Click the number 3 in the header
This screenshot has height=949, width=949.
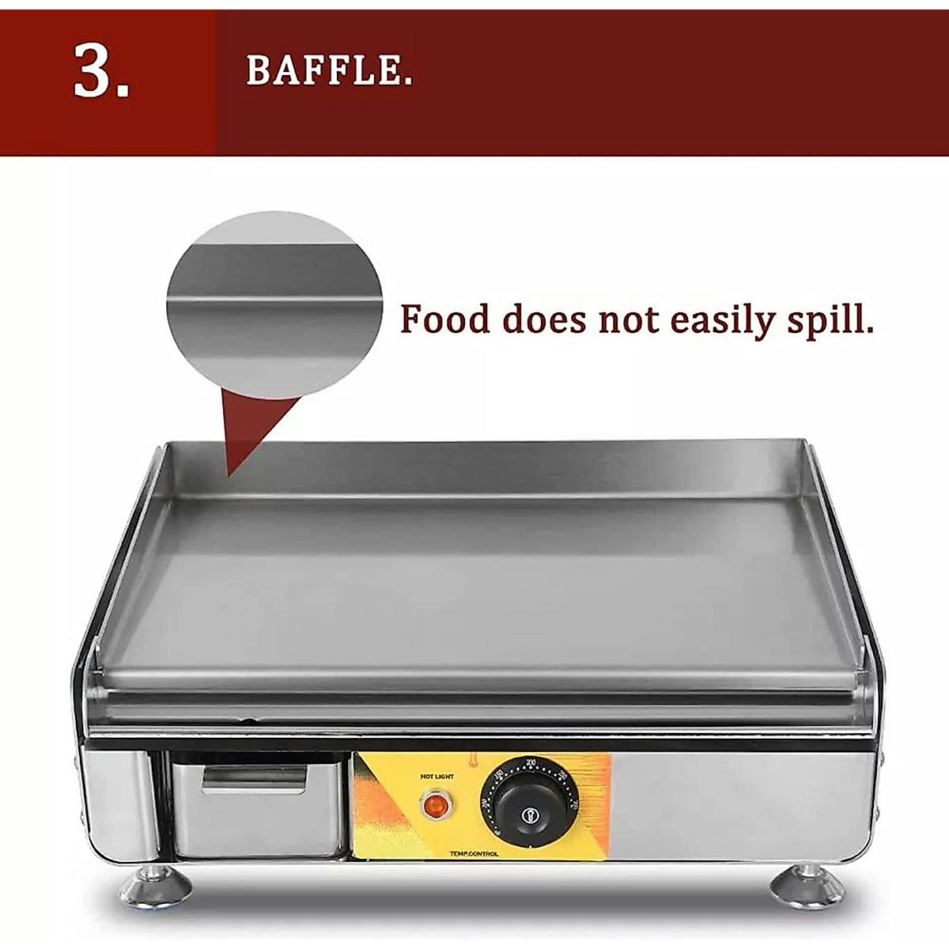click(101, 72)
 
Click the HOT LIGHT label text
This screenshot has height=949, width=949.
click(437, 777)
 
